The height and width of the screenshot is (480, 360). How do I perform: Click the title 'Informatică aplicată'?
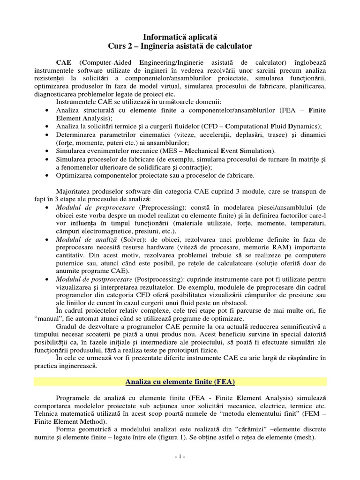[180, 36]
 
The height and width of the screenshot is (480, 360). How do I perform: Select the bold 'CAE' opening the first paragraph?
[64, 62]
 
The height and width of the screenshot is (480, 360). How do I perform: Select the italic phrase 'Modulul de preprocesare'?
[90, 207]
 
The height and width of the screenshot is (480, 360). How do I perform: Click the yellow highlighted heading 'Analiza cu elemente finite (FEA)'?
[180, 382]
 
